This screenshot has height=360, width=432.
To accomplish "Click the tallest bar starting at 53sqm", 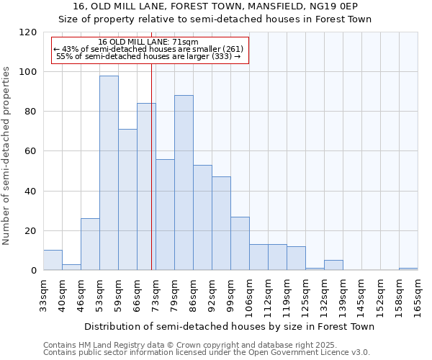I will click(x=109, y=173).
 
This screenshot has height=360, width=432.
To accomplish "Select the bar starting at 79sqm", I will click(x=184, y=183).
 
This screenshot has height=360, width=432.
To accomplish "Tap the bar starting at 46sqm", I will click(x=90, y=244).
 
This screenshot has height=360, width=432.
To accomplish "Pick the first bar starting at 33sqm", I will click(x=53, y=260).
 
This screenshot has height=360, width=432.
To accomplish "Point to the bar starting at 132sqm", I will click(x=333, y=265).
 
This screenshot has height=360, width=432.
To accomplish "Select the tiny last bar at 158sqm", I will click(x=408, y=269).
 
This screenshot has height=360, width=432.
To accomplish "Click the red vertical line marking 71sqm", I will click(x=151, y=180).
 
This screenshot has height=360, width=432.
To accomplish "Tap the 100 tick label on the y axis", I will click(x=28, y=72).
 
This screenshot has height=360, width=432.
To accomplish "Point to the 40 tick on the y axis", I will click(x=31, y=191).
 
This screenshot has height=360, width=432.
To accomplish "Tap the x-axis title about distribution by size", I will click(x=229, y=326).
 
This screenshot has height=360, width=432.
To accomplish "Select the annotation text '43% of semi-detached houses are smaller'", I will click(x=148, y=49).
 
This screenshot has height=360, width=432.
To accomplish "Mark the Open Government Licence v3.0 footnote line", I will click(x=207, y=352).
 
